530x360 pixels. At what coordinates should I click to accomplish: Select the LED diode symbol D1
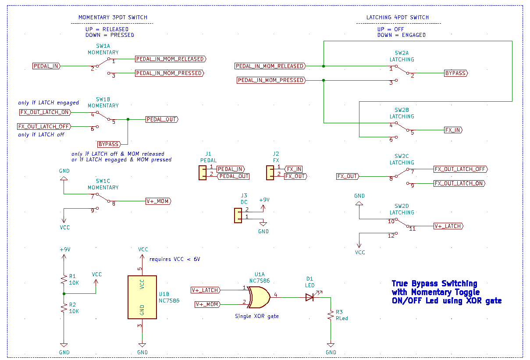click(309, 297)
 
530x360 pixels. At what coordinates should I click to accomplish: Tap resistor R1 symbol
click(64, 279)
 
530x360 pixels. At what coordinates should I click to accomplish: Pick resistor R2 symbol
click(64, 308)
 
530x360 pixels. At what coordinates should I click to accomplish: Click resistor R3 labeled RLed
click(331, 315)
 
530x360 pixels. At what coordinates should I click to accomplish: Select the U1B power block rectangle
click(142, 297)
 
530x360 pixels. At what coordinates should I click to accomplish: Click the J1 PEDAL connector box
click(203, 172)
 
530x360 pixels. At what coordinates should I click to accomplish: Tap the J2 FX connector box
click(270, 172)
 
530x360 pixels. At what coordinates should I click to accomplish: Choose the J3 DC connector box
click(238, 215)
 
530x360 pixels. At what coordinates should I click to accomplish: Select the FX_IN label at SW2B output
click(453, 130)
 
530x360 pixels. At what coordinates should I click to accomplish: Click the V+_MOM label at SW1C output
click(158, 201)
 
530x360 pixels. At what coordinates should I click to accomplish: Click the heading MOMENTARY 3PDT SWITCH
click(113, 18)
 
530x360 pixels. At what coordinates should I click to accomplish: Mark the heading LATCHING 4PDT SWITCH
click(397, 18)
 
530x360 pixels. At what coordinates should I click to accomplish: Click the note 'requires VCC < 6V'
click(174, 259)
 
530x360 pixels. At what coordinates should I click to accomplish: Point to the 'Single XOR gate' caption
click(256, 316)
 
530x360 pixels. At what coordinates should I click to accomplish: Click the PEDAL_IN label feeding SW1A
click(46, 66)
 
